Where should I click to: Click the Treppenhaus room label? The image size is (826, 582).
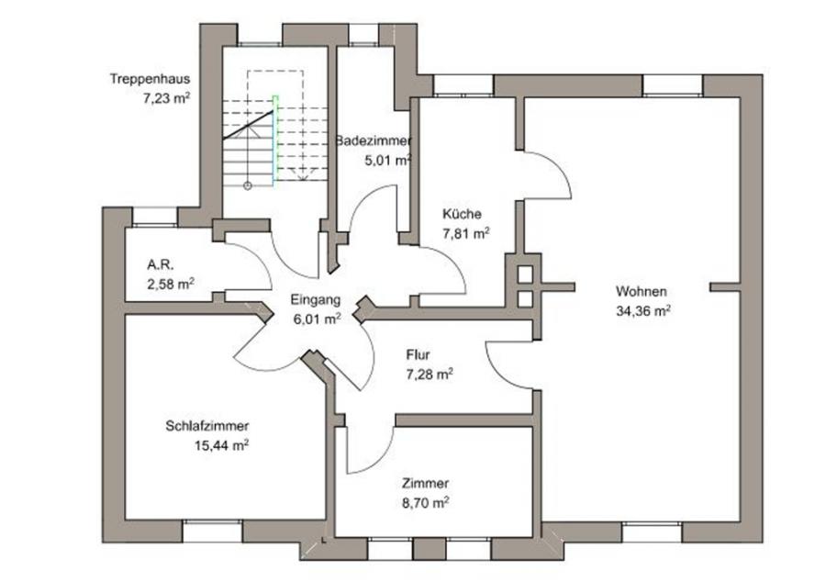click(x=149, y=78)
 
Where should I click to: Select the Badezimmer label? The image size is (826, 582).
click(x=373, y=141)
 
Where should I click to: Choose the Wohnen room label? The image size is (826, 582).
click(x=642, y=292)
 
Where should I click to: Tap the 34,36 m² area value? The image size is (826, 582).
click(x=643, y=310)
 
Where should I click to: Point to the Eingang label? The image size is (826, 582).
click(x=316, y=300)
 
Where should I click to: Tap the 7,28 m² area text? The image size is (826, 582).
click(x=429, y=374)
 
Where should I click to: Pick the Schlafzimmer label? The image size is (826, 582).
click(x=207, y=427)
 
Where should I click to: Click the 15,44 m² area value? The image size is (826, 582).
click(x=221, y=446)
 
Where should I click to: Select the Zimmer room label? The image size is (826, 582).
click(x=425, y=483)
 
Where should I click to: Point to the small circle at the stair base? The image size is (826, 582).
click(x=246, y=185)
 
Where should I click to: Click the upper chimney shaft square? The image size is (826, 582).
click(x=525, y=273)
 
